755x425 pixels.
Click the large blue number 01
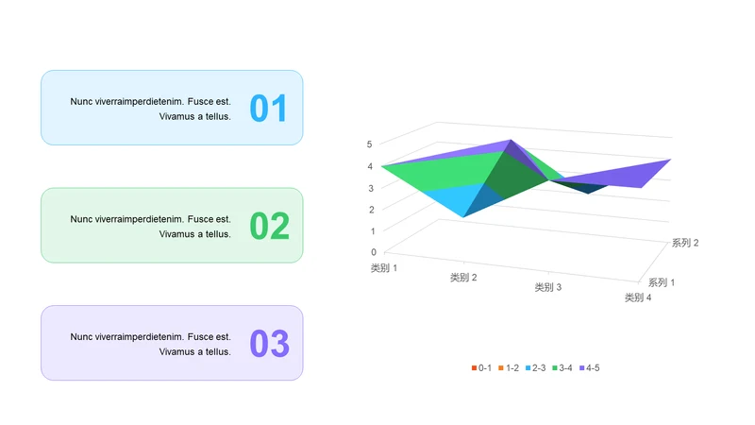point(268,108)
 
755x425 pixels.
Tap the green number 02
point(270,226)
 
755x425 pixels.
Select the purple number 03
point(270,343)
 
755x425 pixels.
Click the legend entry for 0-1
point(481,368)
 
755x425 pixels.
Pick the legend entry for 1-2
point(509,368)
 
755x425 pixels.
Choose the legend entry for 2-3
point(535,368)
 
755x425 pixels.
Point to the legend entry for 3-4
point(562,368)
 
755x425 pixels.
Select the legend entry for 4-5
point(589,368)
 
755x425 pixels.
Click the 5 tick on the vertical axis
point(369,144)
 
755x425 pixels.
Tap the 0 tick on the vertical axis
point(374,252)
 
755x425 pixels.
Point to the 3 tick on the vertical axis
point(371,188)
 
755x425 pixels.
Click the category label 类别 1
point(384,268)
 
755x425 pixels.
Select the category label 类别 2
point(463,278)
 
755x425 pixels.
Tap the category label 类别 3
point(548,288)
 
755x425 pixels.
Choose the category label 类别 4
point(638,297)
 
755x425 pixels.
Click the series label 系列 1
point(662,282)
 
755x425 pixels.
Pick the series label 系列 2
point(685,243)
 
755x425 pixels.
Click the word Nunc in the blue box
point(81,102)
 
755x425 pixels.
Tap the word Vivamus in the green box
point(176,234)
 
